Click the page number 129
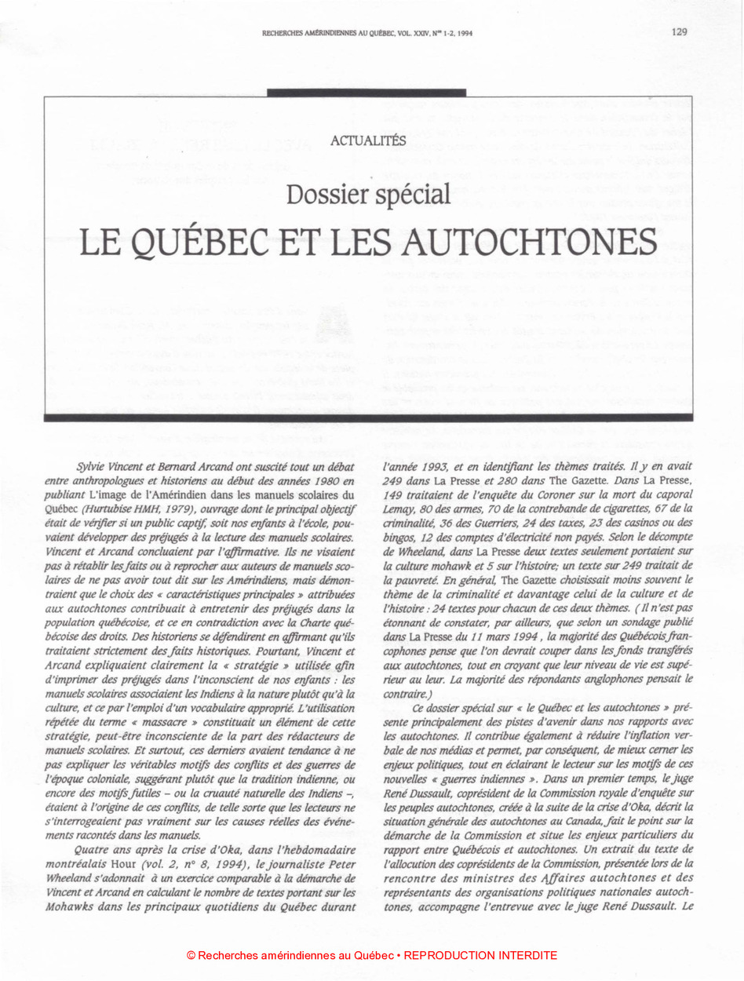pos(679,32)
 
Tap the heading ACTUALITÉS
pos(368,141)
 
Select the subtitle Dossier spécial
pos(368,195)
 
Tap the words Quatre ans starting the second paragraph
pos(100,851)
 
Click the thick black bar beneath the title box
pos(368,418)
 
